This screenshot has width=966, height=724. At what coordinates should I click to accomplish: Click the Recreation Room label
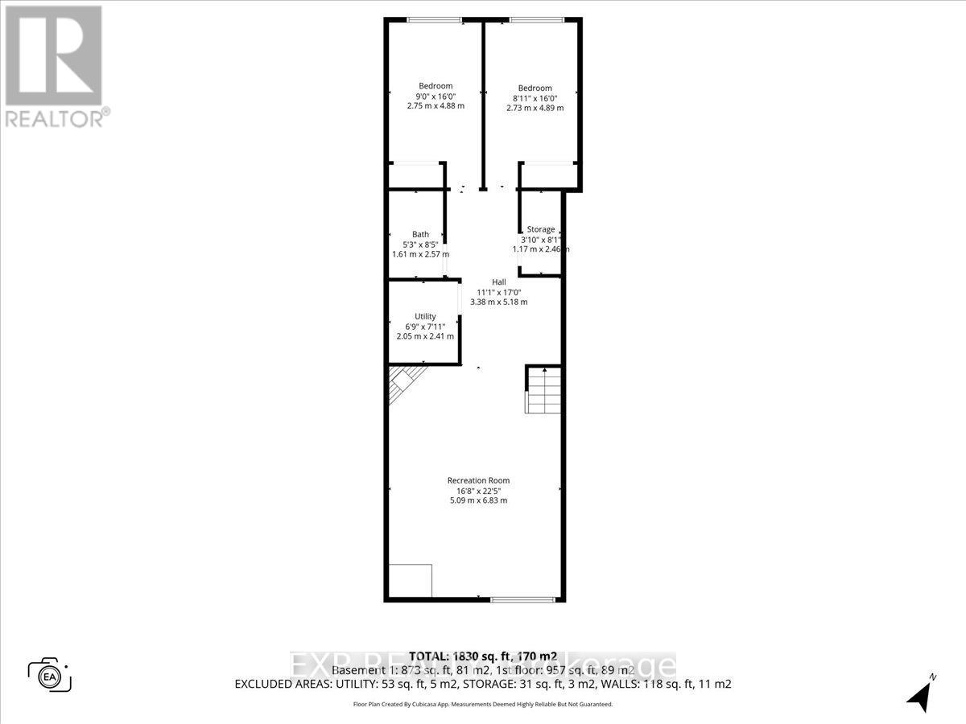478,481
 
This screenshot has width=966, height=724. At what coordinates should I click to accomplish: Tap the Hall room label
499,282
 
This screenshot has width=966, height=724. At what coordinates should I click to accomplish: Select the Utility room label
425,316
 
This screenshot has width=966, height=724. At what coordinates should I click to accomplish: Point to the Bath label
421,235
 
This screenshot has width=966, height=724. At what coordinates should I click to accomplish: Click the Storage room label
541,229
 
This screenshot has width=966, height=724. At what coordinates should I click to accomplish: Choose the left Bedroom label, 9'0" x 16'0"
436,86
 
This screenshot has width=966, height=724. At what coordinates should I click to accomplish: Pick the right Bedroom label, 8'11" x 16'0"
535,88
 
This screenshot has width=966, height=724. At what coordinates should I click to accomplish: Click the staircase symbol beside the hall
543,389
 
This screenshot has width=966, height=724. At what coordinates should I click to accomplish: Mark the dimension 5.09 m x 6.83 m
478,500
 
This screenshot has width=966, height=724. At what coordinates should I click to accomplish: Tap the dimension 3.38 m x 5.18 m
499,302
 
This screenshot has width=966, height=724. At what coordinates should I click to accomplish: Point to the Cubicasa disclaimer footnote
483,704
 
